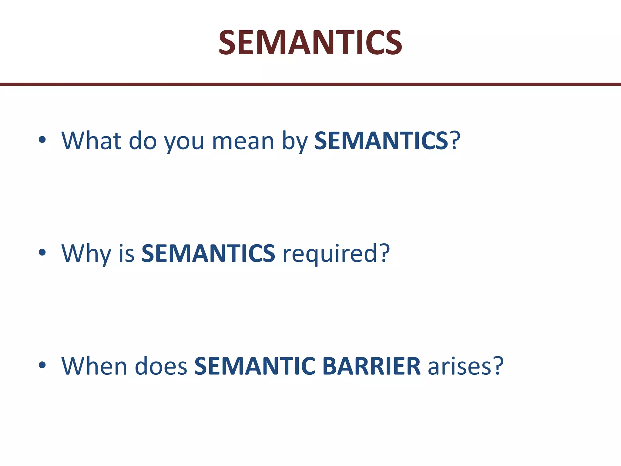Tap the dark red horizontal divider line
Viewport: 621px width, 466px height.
point(310,84)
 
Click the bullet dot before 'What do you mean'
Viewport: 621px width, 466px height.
point(42,140)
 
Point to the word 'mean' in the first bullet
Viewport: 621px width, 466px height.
point(243,141)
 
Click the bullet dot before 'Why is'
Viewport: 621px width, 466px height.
point(42,252)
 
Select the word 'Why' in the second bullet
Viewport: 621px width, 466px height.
point(86,254)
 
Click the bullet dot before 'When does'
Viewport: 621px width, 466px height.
point(42,365)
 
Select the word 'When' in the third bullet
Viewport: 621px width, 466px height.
point(94,366)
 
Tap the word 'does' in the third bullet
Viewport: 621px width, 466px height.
point(161,366)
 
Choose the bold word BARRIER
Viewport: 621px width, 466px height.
point(371,366)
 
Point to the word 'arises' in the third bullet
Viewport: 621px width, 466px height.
point(459,366)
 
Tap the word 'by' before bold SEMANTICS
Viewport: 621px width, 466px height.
point(295,141)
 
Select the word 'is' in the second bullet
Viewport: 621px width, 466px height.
point(126,254)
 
